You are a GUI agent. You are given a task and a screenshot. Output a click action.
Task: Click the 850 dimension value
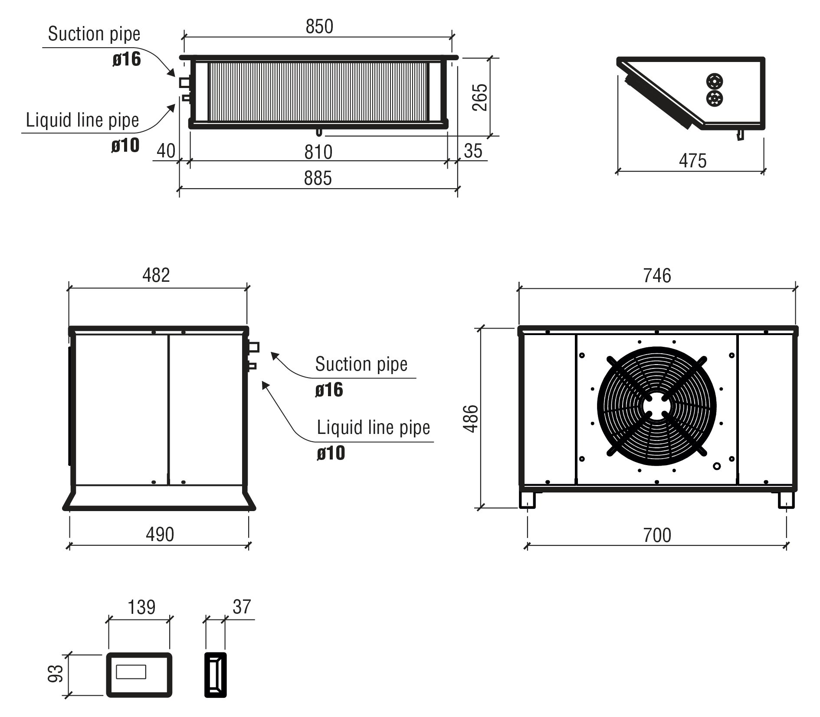(x=319, y=26)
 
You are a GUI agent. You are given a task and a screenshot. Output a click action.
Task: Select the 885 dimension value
(x=318, y=178)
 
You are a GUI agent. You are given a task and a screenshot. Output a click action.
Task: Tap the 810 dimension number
(x=318, y=152)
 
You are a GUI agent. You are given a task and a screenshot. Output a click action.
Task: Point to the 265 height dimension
(x=479, y=98)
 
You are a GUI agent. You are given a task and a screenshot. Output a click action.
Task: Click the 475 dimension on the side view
(x=693, y=161)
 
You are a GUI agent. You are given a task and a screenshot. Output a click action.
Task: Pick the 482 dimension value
(x=156, y=275)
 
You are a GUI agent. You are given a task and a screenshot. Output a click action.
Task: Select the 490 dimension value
(x=160, y=534)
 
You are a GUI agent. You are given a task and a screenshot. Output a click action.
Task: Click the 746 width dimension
(x=657, y=275)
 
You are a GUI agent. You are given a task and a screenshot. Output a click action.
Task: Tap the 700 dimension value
(x=657, y=535)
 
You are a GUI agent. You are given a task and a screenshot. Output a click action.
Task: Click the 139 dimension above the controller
(x=141, y=607)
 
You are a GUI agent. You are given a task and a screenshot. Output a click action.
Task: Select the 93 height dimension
(x=56, y=674)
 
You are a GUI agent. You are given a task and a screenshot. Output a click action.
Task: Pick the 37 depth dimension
(x=242, y=607)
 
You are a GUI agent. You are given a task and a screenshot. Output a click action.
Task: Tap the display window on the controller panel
(x=131, y=672)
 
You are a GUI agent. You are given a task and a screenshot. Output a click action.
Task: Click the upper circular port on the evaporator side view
(x=714, y=81)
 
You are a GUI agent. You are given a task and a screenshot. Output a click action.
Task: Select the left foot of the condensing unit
(x=527, y=499)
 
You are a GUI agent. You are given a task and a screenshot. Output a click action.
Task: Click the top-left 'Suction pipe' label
(x=94, y=34)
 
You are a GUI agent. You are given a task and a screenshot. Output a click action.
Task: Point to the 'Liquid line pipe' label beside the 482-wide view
(x=374, y=427)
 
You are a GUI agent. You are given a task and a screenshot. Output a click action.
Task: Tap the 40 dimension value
(x=166, y=151)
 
